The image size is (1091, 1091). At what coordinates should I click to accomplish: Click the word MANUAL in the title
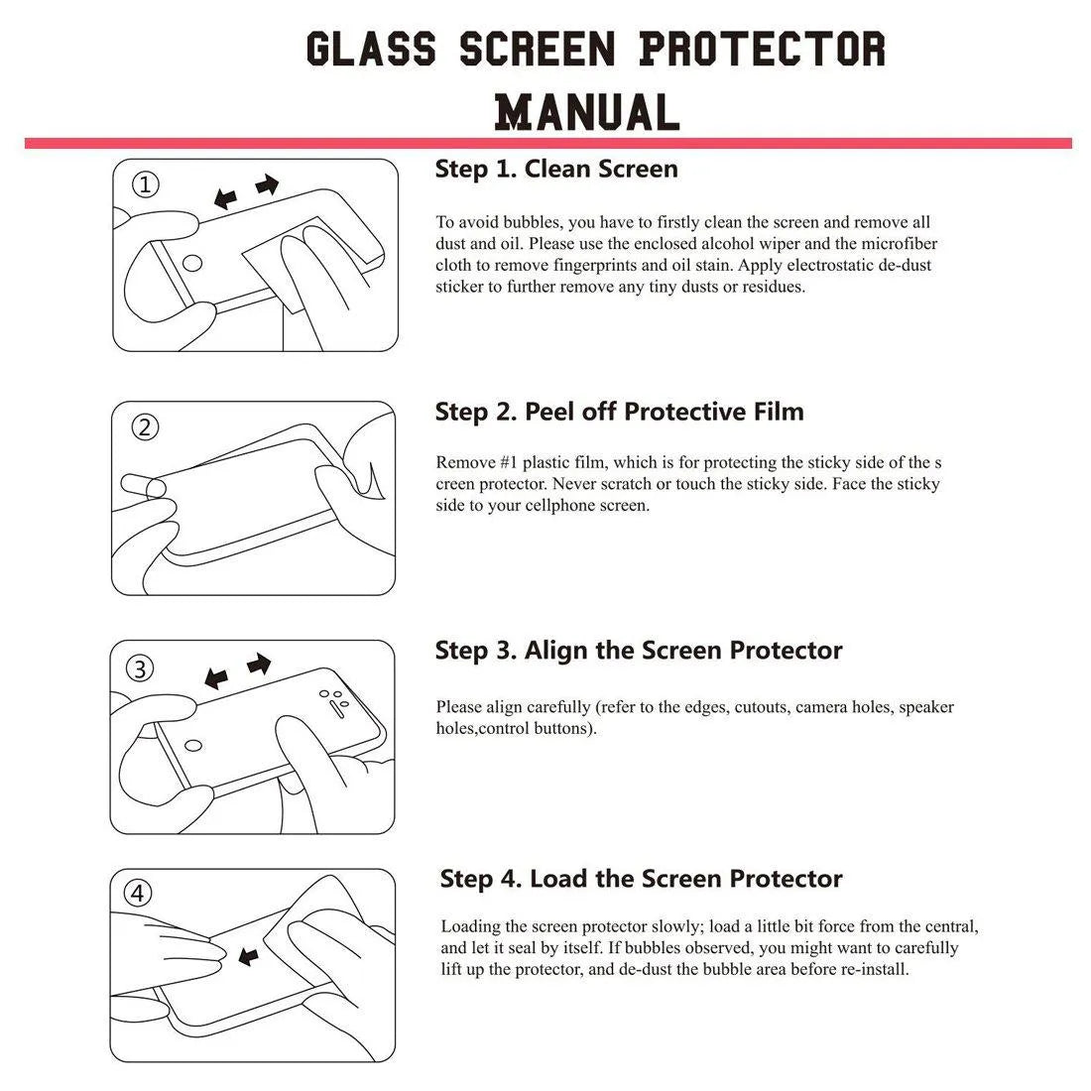pos(587,111)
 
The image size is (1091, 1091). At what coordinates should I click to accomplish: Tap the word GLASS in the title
pos(370,50)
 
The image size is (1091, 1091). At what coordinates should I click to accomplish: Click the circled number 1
pos(146,184)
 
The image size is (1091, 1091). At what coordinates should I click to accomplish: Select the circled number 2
pos(146,427)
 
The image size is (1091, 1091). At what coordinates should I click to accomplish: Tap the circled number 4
pos(138,894)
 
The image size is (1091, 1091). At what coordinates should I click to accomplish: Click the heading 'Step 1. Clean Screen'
pos(556,170)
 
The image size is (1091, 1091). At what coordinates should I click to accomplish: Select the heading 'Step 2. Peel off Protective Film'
pos(619,412)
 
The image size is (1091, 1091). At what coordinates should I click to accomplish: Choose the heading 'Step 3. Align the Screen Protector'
pos(639,651)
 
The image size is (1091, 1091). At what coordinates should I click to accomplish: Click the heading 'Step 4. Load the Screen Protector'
pos(641,879)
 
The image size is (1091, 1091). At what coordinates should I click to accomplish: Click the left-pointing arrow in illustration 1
pos(226,199)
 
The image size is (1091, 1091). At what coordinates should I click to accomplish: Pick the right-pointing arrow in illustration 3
pos(259,664)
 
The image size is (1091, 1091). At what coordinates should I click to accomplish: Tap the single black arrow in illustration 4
pos(248,956)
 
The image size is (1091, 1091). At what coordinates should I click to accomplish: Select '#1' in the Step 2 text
pos(505,463)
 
